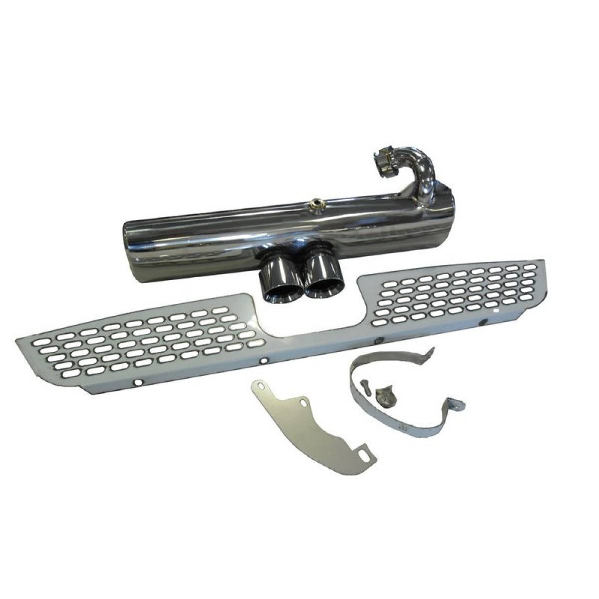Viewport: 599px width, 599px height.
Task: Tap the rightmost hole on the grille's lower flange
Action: click(483, 324)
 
